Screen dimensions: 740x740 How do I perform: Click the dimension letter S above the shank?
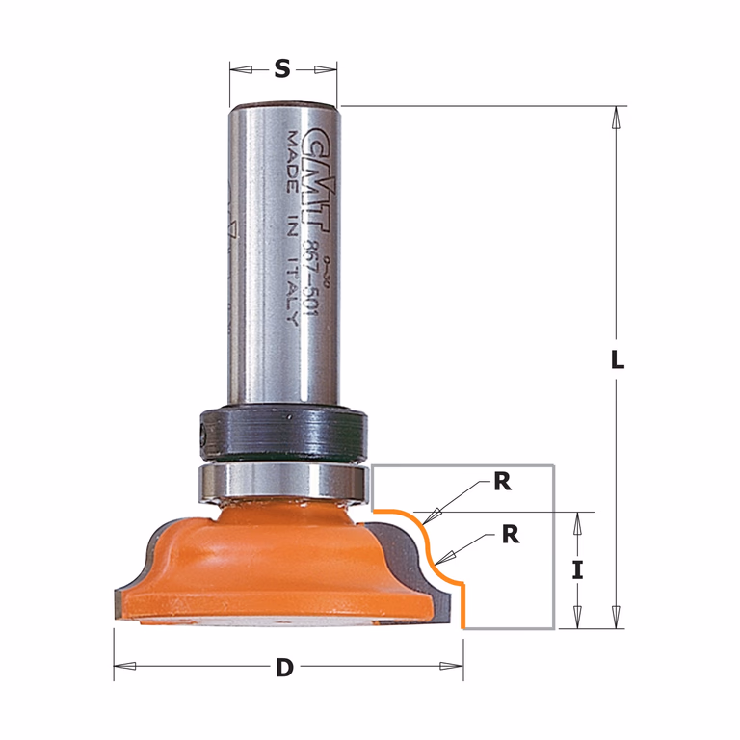pos(282,69)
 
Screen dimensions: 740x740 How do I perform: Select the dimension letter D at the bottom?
pos(284,668)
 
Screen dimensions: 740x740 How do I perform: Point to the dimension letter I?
pos(577,570)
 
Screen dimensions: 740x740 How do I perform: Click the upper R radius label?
pos(503,483)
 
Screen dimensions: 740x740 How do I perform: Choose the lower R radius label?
pos(511,535)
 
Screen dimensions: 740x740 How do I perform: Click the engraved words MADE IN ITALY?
pos(293,229)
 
